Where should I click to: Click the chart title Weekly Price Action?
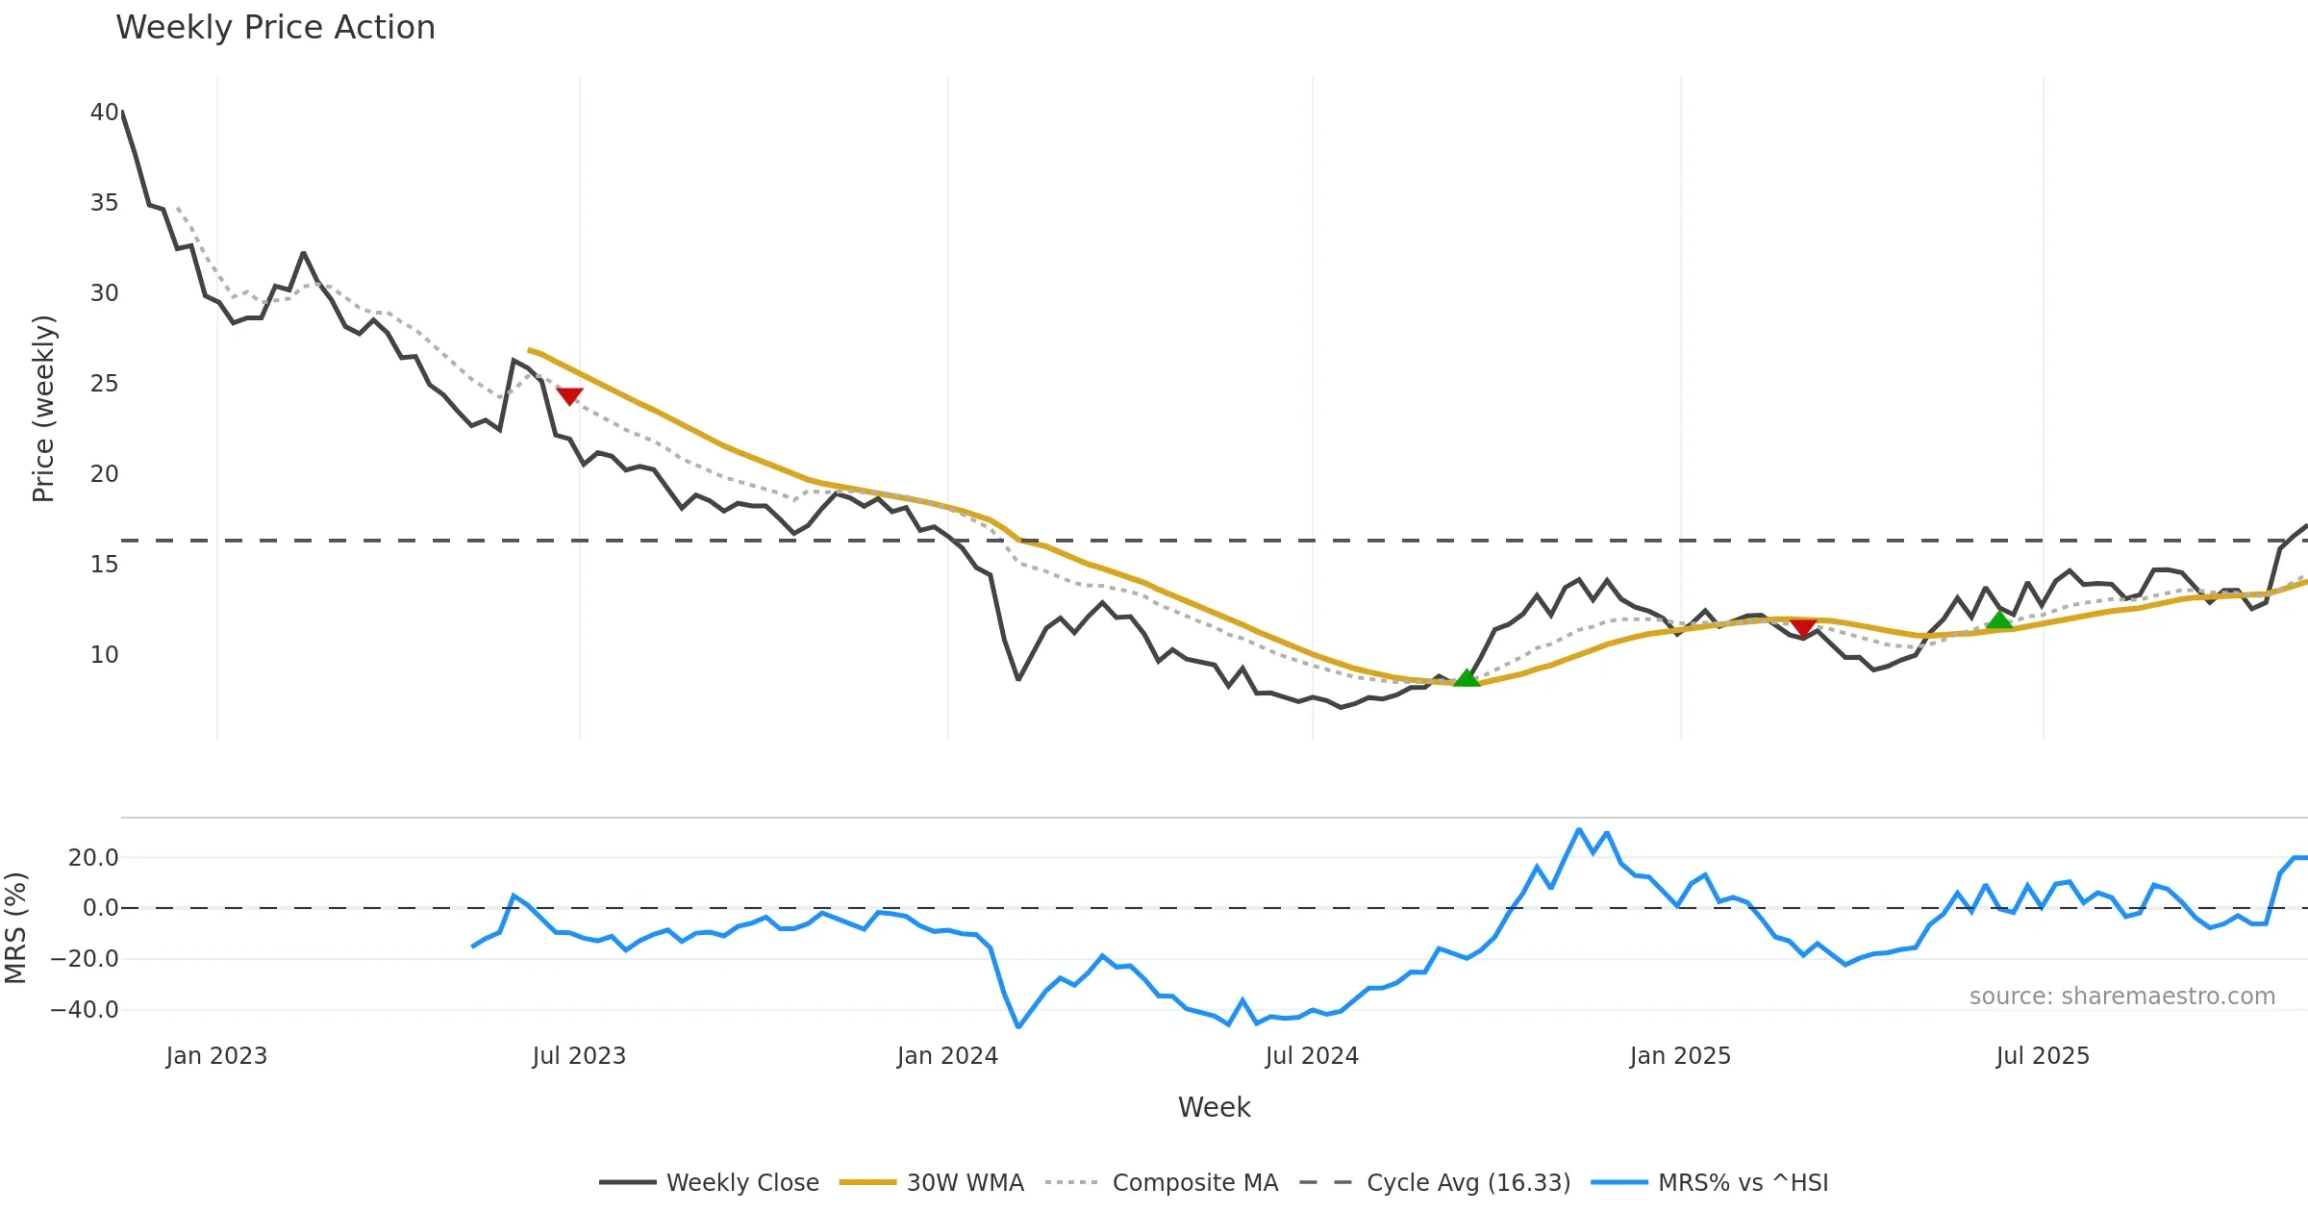(275, 28)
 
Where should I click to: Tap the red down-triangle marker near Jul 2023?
(569, 395)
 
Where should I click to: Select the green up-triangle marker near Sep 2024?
(1467, 678)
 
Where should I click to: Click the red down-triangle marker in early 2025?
(1803, 628)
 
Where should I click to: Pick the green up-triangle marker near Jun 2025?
(1999, 620)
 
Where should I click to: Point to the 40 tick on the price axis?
(104, 113)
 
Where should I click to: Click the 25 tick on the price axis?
(104, 384)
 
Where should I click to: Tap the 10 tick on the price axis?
(104, 655)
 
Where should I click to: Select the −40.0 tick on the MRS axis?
(85, 1010)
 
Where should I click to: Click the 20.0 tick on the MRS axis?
(92, 858)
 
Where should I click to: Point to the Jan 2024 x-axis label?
(947, 1056)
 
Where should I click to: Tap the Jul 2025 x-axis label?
(2043, 1056)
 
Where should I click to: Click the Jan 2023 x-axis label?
(216, 1056)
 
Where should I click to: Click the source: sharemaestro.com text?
(2121, 997)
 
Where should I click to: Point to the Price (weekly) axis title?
(44, 409)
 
